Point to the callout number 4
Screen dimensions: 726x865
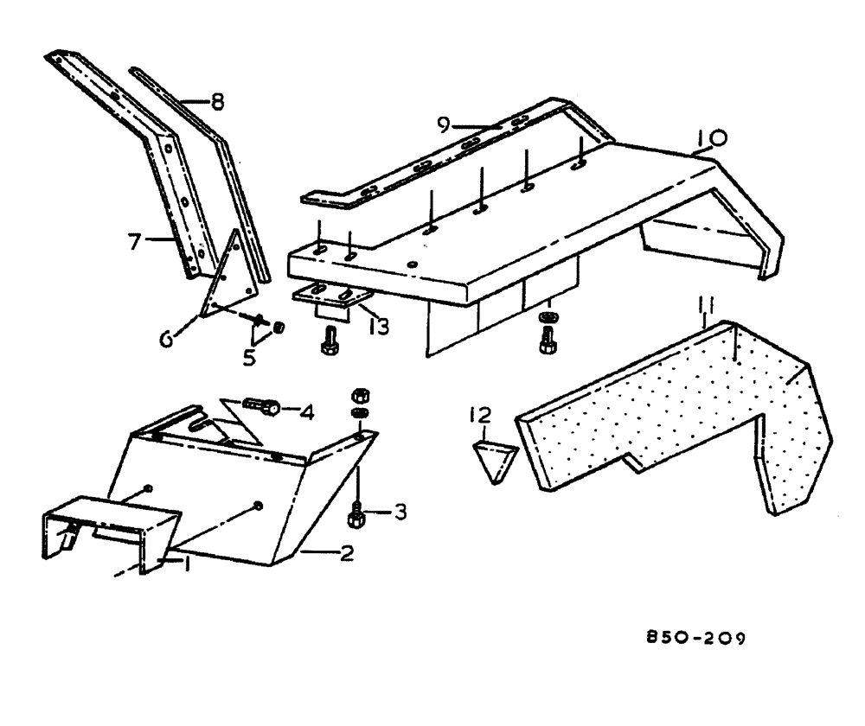click(x=306, y=411)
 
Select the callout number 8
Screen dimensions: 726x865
click(x=216, y=102)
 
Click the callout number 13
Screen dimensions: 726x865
click(x=378, y=327)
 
